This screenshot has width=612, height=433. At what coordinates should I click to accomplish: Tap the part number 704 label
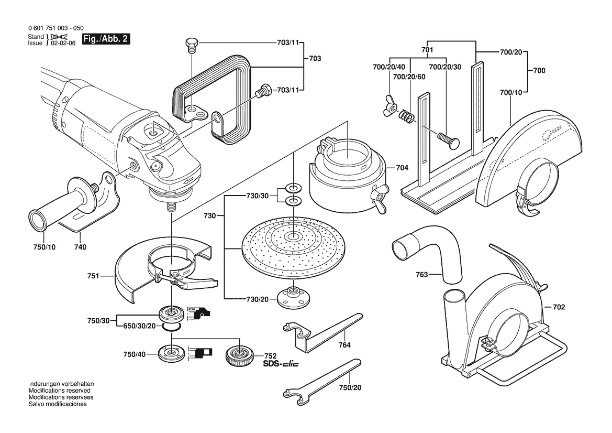tap(402, 168)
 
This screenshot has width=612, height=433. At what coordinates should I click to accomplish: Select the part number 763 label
tap(422, 274)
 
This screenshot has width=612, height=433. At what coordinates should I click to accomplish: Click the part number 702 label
tap(559, 307)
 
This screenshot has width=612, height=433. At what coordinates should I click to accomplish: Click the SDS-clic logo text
tap(281, 364)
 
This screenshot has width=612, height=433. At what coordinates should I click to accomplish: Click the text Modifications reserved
tap(59, 391)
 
